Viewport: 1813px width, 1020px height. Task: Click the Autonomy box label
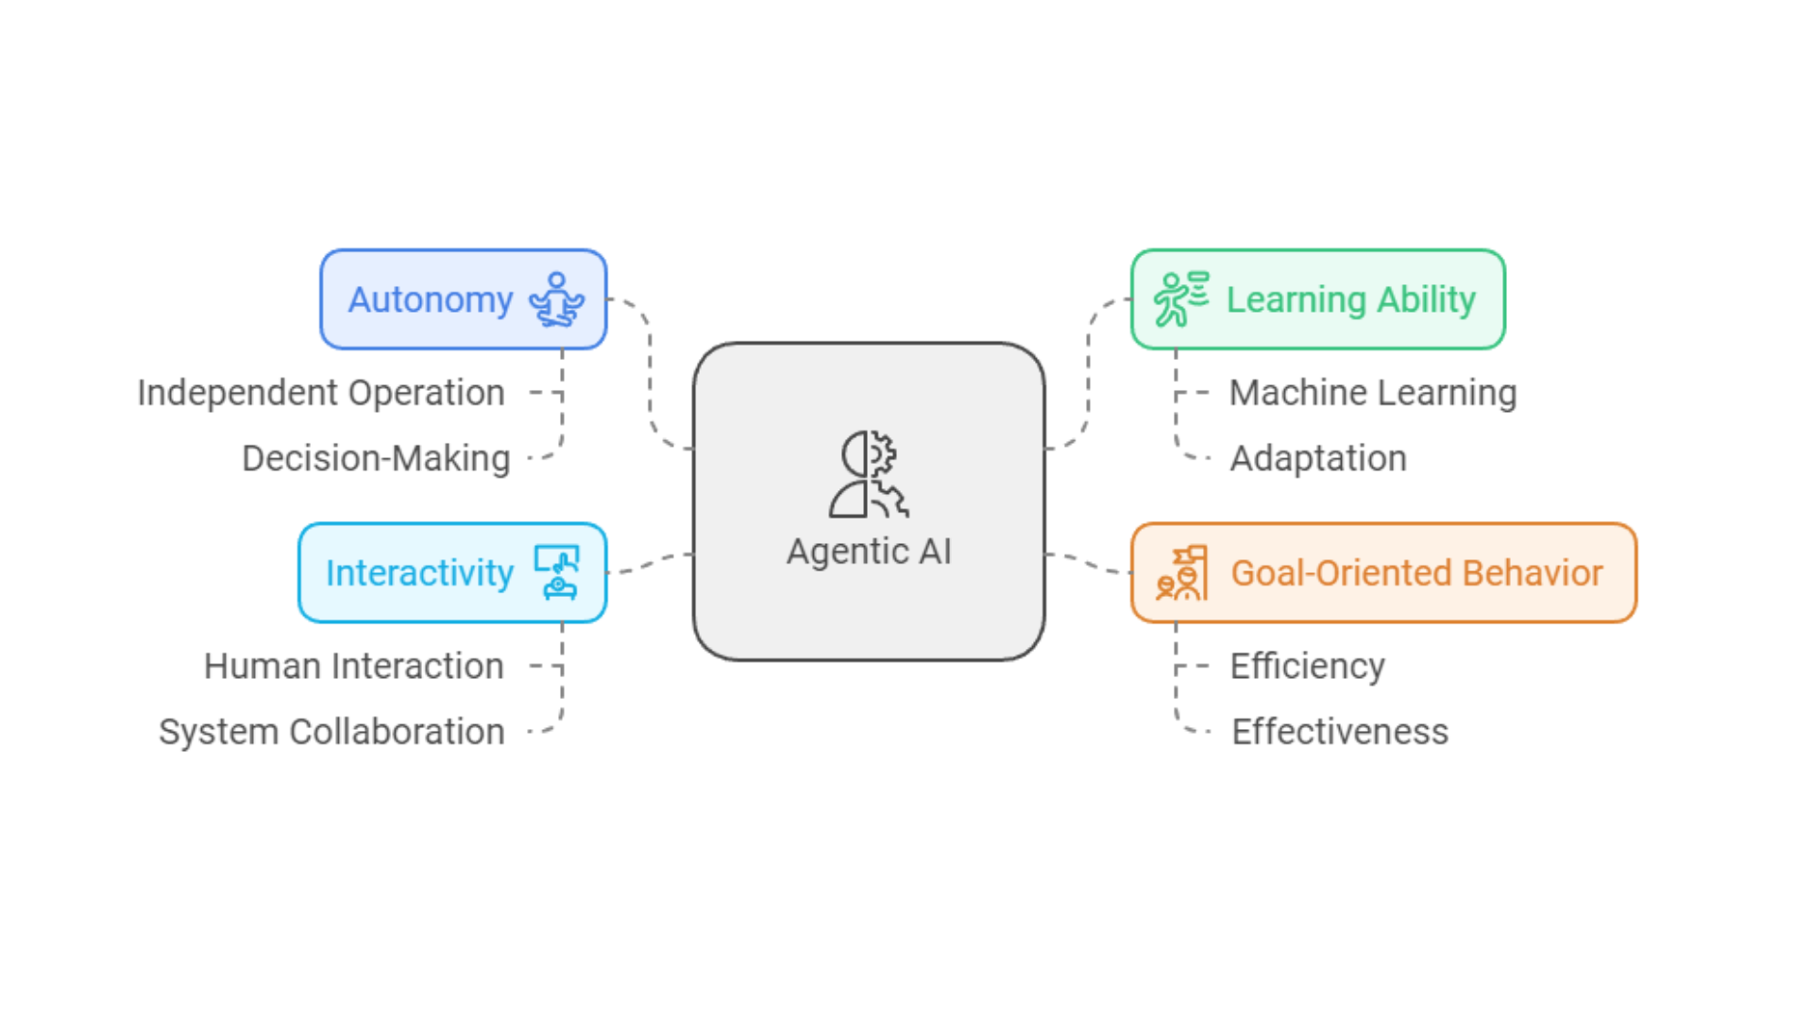coord(431,300)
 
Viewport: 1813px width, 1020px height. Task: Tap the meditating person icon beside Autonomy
coord(557,299)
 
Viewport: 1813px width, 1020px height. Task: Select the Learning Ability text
coord(1350,300)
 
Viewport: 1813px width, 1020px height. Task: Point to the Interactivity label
coord(419,573)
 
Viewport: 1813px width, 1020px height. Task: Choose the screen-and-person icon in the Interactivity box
coord(557,572)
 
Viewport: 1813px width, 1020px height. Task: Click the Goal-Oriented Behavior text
coord(1416,573)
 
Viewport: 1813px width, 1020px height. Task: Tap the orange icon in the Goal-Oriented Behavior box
coord(1182,573)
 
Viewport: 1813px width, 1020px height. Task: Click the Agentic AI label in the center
coord(869,552)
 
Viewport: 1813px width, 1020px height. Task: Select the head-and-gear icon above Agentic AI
coord(869,474)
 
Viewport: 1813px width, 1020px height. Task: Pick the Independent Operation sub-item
coord(321,393)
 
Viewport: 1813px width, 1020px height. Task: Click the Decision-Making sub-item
coord(376,459)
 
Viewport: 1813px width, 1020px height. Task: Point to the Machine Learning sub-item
coord(1373,393)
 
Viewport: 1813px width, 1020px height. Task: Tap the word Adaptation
coord(1318,459)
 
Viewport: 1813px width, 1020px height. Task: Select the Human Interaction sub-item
coord(354,667)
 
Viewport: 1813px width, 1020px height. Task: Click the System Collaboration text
coord(331,732)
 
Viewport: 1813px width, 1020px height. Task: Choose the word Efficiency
coord(1308,667)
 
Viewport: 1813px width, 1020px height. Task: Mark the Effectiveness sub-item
coord(1340,732)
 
